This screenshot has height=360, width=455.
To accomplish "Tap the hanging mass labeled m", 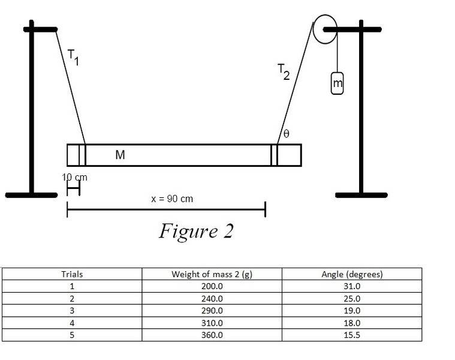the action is (337, 83).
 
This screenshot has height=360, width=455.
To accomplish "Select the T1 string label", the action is (73, 57).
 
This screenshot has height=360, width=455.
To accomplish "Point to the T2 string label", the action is (284, 71).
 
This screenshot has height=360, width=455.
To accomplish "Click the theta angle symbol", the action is (286, 134).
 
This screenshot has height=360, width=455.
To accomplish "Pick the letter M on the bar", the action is (120, 155).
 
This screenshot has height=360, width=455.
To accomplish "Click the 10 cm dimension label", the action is (74, 177).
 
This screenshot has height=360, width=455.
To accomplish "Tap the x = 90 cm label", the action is (172, 199).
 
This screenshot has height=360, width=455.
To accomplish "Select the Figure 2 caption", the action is (196, 232).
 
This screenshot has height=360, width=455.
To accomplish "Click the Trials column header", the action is (72, 274).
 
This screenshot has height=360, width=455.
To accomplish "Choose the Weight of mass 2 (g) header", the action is (212, 274).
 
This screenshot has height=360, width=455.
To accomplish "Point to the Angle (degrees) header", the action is (352, 274).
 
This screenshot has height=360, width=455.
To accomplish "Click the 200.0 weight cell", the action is (212, 286).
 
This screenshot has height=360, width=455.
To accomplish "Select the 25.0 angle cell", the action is (352, 298).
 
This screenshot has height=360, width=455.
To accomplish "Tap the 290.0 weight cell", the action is (212, 311).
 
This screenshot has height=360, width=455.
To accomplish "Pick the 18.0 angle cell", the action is (352, 323).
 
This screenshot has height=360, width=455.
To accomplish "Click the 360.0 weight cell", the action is (212, 335).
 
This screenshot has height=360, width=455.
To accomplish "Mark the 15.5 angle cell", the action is (352, 335).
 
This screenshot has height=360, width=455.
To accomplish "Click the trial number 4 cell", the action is (72, 323).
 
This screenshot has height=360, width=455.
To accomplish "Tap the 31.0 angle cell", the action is (352, 286).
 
